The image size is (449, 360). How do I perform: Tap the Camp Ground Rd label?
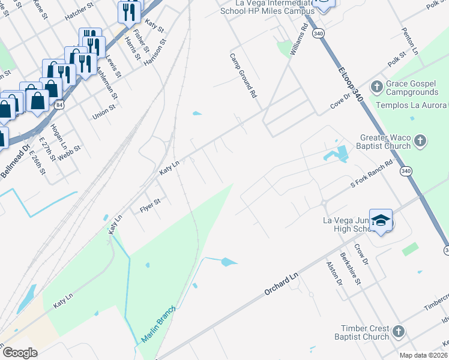243,76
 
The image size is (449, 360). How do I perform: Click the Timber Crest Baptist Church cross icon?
399,331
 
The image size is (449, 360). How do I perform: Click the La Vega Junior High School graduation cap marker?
381,222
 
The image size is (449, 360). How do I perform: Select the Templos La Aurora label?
411,105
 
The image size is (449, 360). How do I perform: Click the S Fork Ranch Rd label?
372,175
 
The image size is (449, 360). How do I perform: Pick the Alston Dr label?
334,273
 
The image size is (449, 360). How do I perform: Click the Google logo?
20,353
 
